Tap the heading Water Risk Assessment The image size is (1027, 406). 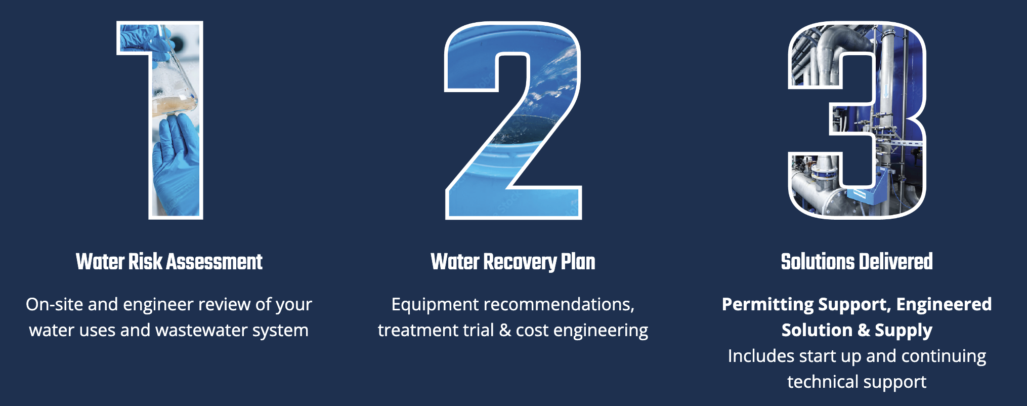pyautogui.click(x=169, y=262)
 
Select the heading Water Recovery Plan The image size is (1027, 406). pyautogui.click(x=513, y=262)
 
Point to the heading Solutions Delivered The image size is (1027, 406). pyautogui.click(x=857, y=262)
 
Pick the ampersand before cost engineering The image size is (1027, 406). pyautogui.click(x=505, y=330)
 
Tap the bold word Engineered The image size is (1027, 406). pyautogui.click(x=944, y=305)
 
